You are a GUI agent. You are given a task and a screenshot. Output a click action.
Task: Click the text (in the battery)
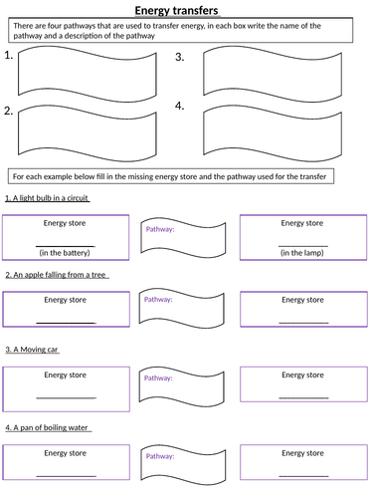66,252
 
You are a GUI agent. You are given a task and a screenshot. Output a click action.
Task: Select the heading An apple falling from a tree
57,274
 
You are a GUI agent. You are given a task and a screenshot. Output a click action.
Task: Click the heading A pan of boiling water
48,427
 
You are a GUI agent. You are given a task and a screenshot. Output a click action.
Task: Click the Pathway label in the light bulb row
160,230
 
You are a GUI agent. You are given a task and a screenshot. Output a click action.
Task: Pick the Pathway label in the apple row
159,299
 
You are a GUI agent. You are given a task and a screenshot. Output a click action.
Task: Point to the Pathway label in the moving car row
159,378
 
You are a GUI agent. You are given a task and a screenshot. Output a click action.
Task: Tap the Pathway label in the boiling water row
160,455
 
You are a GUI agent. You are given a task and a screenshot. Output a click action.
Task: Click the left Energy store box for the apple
66,310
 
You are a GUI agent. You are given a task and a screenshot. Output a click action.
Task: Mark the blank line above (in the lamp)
302,244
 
